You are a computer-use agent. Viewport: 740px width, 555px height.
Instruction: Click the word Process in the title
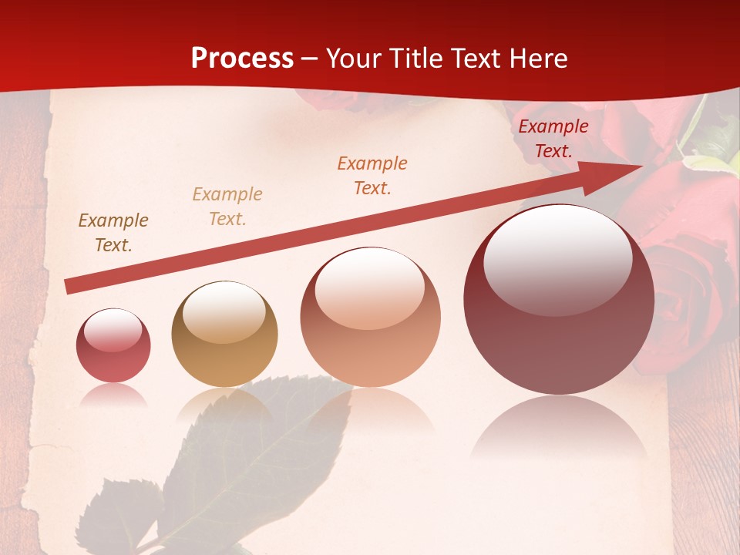point(242,59)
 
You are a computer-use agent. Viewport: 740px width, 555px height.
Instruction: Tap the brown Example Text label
point(113,233)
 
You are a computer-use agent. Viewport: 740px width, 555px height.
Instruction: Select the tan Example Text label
point(227,207)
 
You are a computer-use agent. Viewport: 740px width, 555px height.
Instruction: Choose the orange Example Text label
point(372,175)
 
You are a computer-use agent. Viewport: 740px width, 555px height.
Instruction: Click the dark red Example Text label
point(553,139)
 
